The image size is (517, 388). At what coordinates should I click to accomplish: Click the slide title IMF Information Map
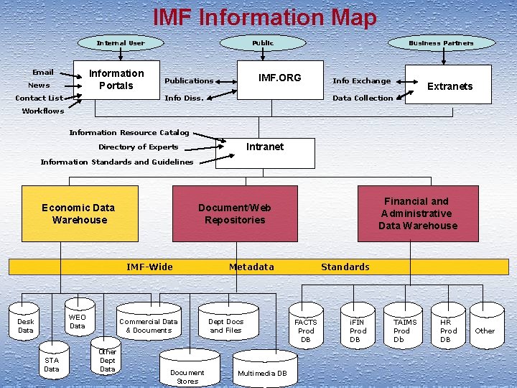click(x=264, y=17)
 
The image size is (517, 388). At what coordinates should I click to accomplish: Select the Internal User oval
click(x=121, y=43)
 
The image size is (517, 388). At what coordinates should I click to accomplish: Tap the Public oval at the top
click(x=263, y=43)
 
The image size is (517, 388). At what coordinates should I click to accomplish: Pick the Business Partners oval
click(x=441, y=43)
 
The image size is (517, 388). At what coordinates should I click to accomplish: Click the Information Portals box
click(x=116, y=80)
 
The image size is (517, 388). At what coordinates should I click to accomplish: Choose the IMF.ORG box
click(x=280, y=78)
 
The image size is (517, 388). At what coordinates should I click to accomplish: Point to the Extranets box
click(x=450, y=86)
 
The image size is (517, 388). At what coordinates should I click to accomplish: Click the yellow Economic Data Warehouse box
click(x=79, y=213)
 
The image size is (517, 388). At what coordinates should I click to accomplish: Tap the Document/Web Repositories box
click(x=235, y=213)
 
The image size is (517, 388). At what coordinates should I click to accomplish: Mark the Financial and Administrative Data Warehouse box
click(x=418, y=213)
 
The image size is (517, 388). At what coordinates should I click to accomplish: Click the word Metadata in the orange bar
click(x=251, y=267)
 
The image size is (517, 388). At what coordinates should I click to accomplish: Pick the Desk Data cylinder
click(x=26, y=326)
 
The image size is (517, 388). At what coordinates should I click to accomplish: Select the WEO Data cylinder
click(x=78, y=321)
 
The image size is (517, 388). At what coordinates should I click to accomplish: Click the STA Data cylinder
click(x=52, y=364)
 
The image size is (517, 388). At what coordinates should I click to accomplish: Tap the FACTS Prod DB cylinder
click(x=306, y=331)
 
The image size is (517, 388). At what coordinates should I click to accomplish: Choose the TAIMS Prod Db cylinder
click(x=404, y=331)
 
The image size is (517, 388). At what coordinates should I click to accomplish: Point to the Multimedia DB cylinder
click(x=262, y=373)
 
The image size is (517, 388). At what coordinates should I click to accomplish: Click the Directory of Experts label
click(x=138, y=147)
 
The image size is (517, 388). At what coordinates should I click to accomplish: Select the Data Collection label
click(x=363, y=98)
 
